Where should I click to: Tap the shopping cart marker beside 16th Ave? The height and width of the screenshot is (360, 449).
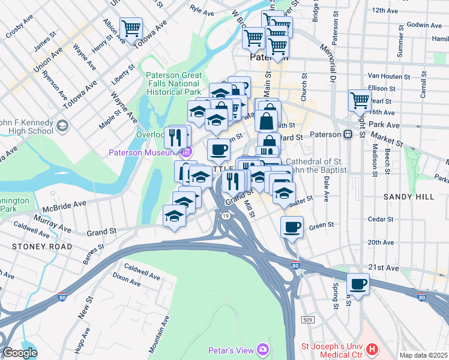click(360, 100)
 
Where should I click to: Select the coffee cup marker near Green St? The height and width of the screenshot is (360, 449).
click(292, 227)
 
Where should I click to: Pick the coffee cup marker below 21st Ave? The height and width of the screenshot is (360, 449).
click(358, 284)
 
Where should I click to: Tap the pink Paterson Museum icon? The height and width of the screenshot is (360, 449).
click(188, 152)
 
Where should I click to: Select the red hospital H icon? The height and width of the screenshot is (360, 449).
click(372, 349)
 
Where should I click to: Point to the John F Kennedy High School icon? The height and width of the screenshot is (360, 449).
click(63, 127)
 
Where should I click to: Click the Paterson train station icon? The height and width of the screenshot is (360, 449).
click(347, 135)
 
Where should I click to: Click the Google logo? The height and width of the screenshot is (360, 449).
click(20, 353)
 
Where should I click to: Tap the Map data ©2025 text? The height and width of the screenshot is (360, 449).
click(423, 355)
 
